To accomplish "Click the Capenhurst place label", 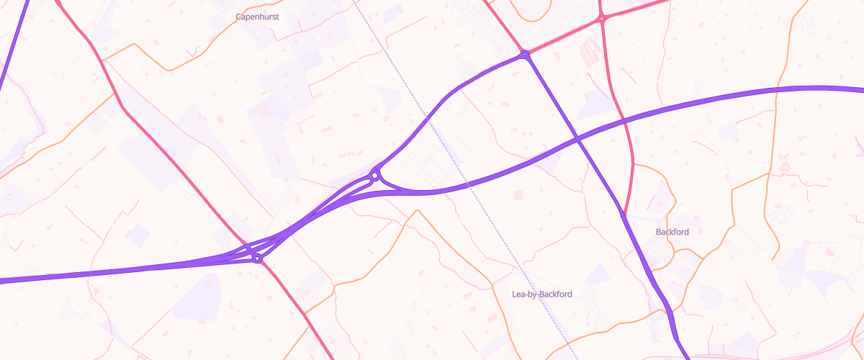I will (x=257, y=16).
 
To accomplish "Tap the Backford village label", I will (x=672, y=232).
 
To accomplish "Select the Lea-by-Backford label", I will (x=541, y=294).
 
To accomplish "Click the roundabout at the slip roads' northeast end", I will (x=375, y=175).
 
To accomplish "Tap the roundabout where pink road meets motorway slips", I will (x=256, y=258).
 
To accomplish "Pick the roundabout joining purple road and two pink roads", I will (x=526, y=54).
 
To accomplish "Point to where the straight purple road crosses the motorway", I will (x=577, y=137).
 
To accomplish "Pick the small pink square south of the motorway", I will (x=518, y=195).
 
